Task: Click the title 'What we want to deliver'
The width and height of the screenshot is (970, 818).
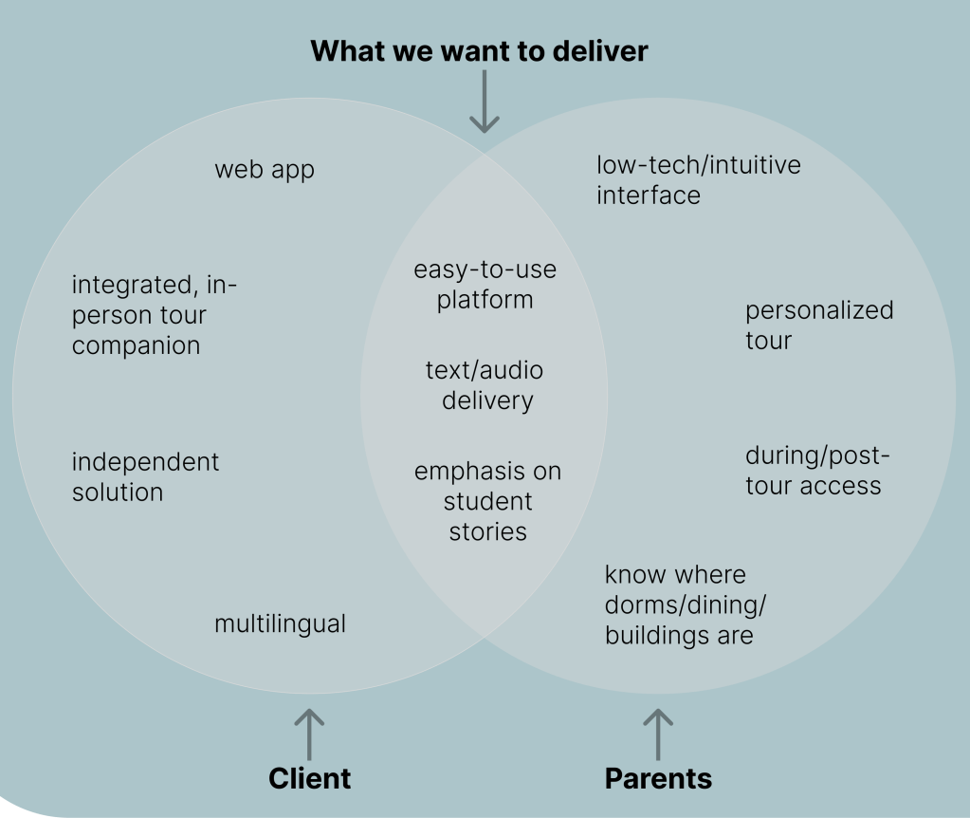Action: click(x=479, y=50)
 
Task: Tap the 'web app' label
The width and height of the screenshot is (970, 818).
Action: click(x=264, y=170)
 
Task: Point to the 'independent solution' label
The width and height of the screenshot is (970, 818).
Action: click(x=145, y=477)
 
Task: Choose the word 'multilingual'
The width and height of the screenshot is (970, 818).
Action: click(x=280, y=623)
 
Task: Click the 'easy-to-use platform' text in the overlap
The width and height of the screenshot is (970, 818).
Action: click(x=485, y=285)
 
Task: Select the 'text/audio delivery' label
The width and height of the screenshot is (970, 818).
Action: click(x=485, y=385)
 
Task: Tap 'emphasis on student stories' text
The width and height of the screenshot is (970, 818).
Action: click(x=487, y=501)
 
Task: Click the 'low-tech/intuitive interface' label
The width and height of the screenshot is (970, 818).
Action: click(x=698, y=179)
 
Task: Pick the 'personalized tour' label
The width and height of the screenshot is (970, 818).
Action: click(x=818, y=325)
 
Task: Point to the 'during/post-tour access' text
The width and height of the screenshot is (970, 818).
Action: click(x=816, y=471)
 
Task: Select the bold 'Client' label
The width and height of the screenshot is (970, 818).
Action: click(x=309, y=778)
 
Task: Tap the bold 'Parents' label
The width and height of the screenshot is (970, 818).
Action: click(x=658, y=778)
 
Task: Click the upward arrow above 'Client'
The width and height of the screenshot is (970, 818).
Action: click(x=308, y=733)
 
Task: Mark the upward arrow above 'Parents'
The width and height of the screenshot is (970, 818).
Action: click(x=657, y=733)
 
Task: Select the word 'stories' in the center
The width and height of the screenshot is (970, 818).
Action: click(x=487, y=531)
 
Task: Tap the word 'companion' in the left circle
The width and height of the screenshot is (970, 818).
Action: click(x=136, y=345)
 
